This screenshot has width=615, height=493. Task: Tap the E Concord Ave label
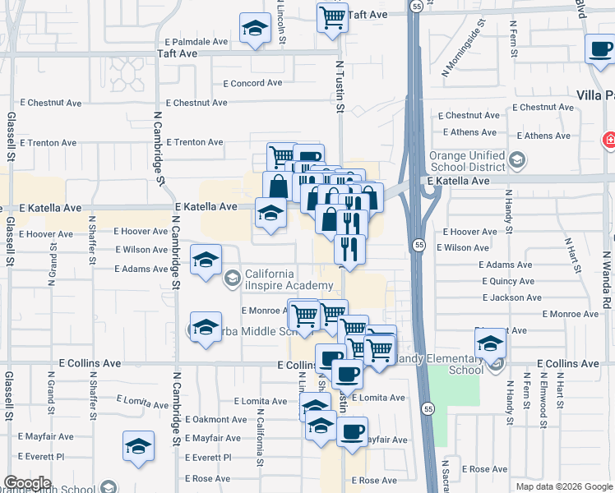coord(252,83)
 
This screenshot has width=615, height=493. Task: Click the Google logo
coord(27,483)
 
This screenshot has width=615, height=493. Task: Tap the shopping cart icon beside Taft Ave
coord(331,18)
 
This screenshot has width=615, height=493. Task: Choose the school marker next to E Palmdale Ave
coord(256,30)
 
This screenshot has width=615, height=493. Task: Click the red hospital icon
coord(609,140)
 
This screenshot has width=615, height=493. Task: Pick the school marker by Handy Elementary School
coord(490,343)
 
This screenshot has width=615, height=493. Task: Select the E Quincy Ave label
coord(508,281)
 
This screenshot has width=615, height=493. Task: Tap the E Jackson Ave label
coord(511,297)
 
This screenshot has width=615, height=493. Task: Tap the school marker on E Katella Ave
coord(271,214)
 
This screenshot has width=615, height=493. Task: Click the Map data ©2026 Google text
coord(564,486)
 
